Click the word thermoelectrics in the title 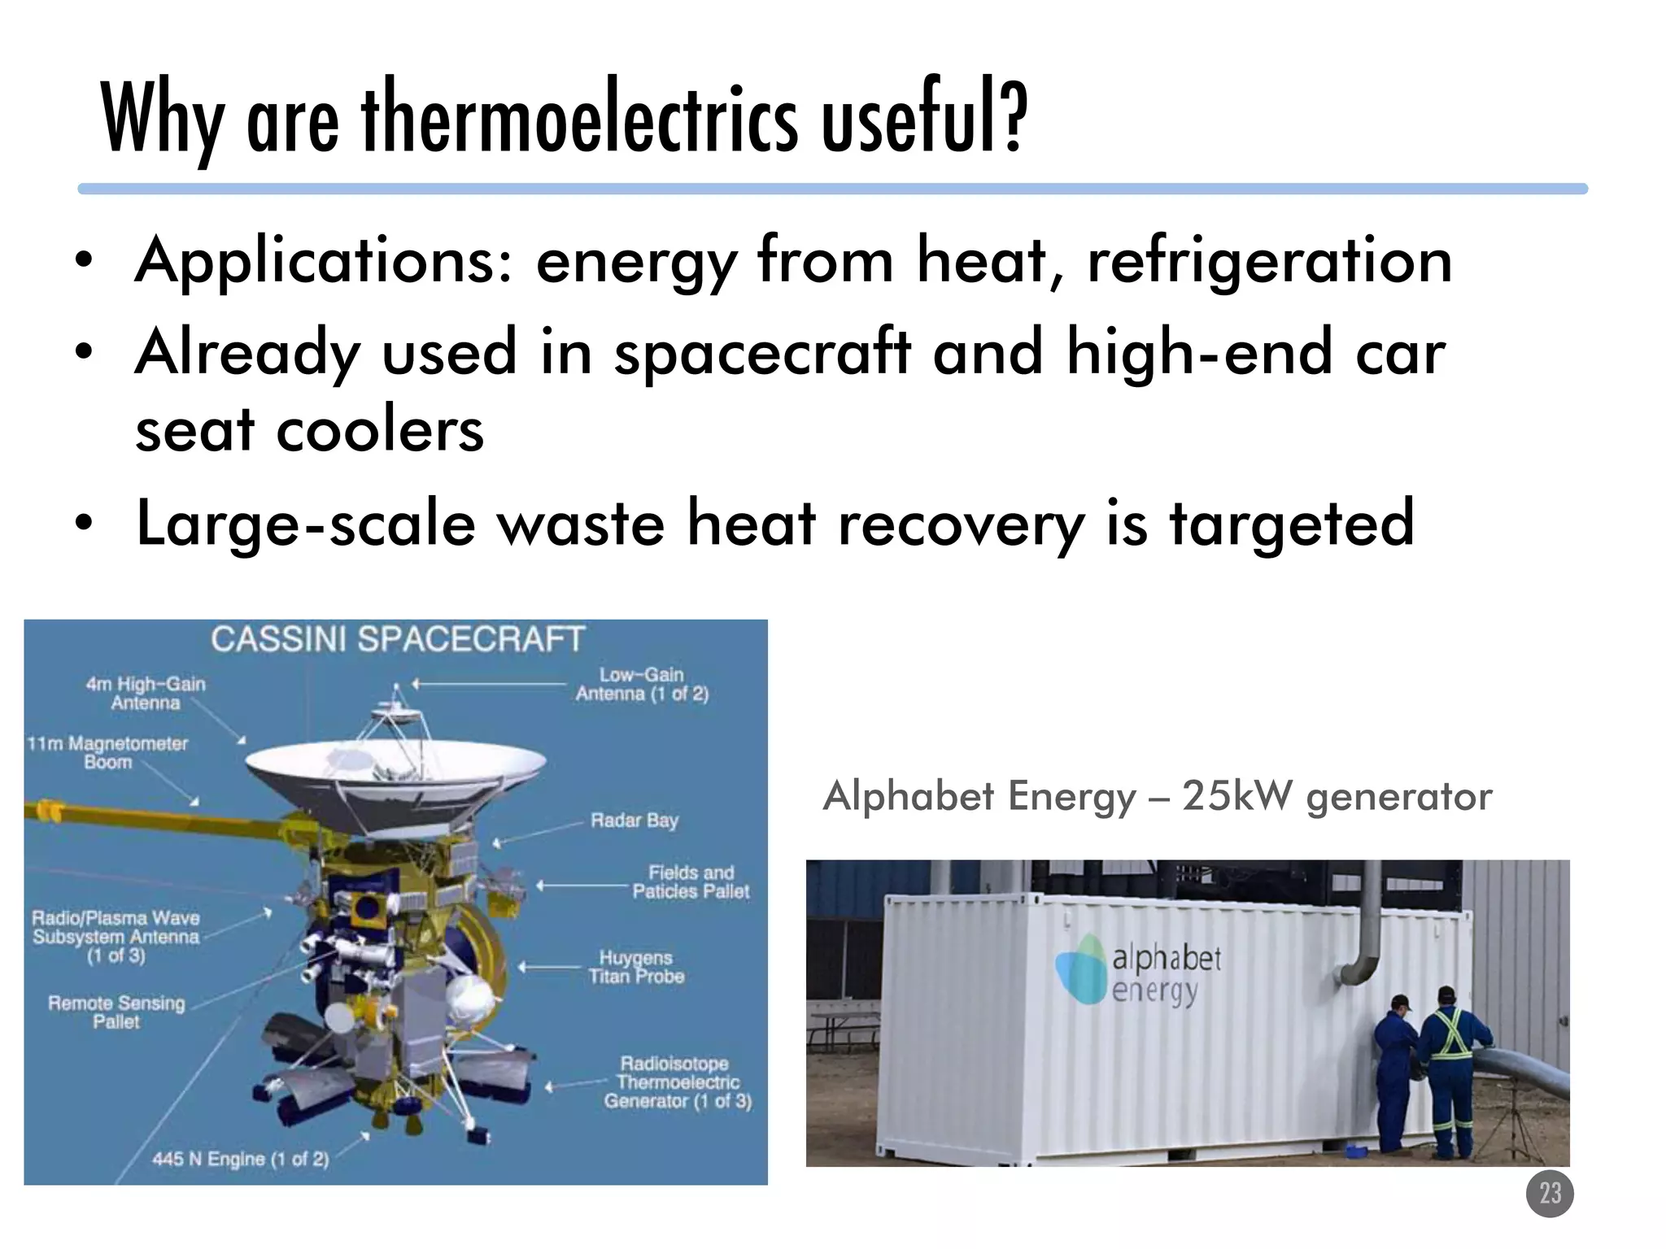point(580,118)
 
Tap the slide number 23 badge point(1550,1194)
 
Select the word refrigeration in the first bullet point(1269,260)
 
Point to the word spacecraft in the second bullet point(762,352)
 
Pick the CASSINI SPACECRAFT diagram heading point(398,639)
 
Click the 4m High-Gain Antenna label point(146,693)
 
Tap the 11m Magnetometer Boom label point(107,752)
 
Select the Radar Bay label point(635,820)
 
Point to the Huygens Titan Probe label point(636,967)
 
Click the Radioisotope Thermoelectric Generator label point(677,1082)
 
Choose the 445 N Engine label point(241,1159)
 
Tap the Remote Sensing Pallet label point(116,1012)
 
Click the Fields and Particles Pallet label point(691,881)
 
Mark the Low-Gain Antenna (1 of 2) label point(642,684)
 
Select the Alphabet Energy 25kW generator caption point(1157,795)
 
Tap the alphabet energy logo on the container point(1138,970)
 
